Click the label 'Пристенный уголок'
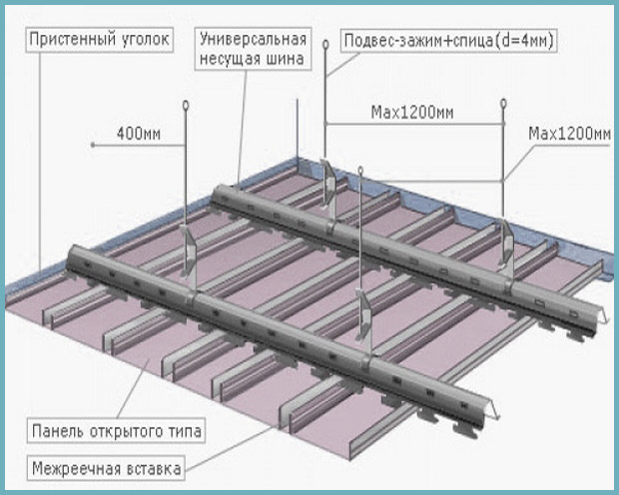coord(99,40)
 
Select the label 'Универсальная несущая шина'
coord(253,49)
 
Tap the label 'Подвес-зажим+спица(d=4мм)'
coord(449,41)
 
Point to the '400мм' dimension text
coord(139,134)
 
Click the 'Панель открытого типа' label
coord(117,431)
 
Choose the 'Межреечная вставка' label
coord(106,468)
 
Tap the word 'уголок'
coord(146,40)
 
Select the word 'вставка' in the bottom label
coord(154,468)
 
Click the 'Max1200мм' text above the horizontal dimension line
coord(412,113)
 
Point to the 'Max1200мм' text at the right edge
coord(570,134)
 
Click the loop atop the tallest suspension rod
coord(325,44)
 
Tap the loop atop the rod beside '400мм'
coord(186,105)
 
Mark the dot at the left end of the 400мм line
coord(93,145)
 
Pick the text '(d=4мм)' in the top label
coord(524,41)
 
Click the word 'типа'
coord(185,431)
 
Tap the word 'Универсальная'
coord(253,39)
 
